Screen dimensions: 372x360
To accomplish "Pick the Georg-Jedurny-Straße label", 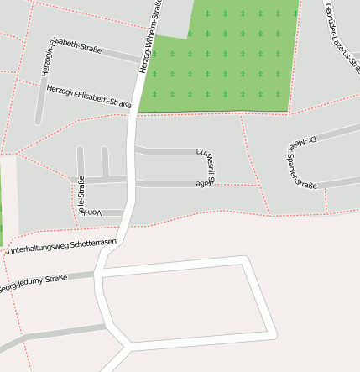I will point(34,283).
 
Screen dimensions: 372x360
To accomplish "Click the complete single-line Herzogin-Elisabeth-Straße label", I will point(89,97).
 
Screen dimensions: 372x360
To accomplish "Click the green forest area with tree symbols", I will point(227,59).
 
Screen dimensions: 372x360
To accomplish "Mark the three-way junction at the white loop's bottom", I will point(127,345).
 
